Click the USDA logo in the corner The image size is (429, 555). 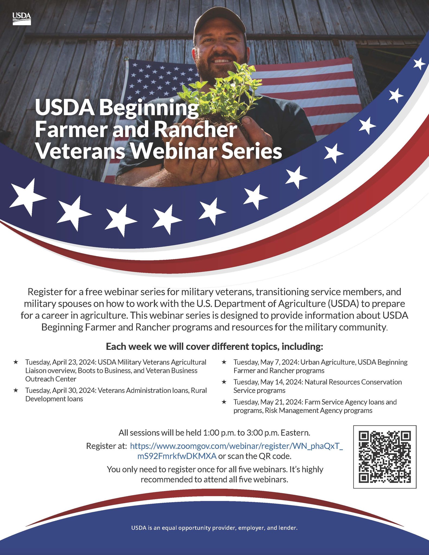click(22, 19)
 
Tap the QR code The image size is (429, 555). click(385, 457)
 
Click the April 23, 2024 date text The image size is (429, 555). click(74, 362)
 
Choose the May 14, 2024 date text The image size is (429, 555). click(281, 382)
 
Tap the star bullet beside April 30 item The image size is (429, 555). click(16, 390)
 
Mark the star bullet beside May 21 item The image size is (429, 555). click(224, 402)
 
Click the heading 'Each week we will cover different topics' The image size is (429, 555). click(214, 347)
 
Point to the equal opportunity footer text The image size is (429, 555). click(214, 528)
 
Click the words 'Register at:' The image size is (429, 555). click(107, 446)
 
